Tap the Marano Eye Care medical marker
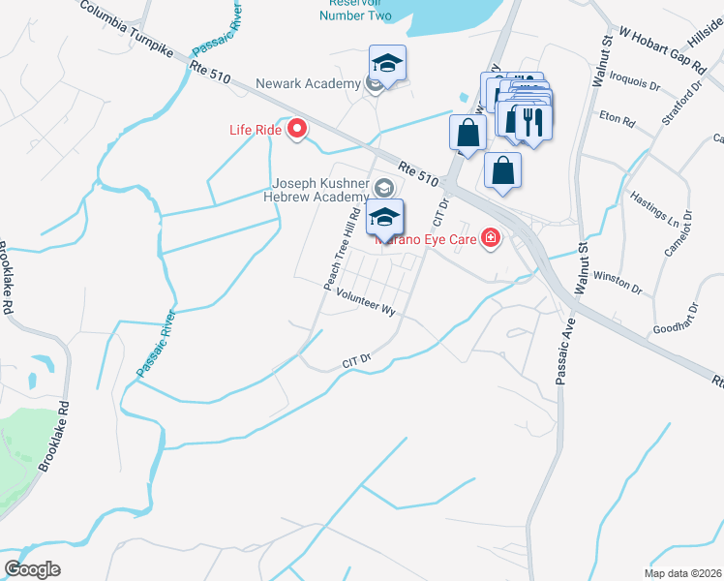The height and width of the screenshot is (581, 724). [491, 238]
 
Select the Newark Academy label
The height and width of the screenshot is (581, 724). [308, 84]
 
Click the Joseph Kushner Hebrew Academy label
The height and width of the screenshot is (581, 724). [320, 191]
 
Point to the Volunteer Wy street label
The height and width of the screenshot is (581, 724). [368, 306]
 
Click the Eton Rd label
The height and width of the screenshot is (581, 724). [617, 121]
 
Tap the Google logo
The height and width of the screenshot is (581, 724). [32, 569]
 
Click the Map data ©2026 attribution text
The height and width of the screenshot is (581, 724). [683, 574]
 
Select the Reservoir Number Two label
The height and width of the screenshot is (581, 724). [356, 10]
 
